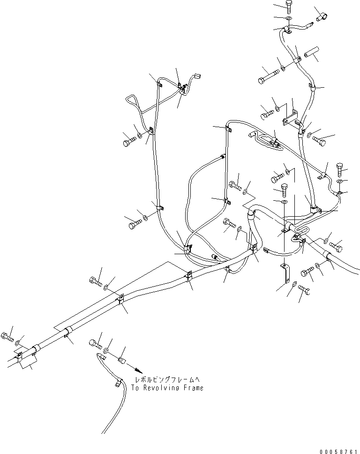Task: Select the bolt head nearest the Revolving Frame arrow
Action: pos(93,343)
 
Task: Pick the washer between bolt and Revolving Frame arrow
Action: pos(107,351)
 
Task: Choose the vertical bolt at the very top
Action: pos(289,7)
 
